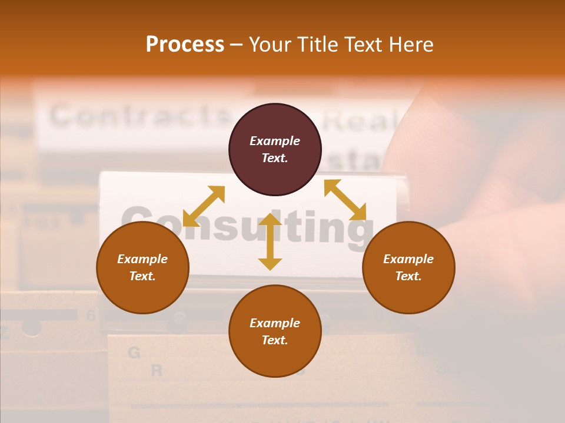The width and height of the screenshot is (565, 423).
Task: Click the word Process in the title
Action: (x=185, y=45)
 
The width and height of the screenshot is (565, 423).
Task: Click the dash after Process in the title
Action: (x=237, y=45)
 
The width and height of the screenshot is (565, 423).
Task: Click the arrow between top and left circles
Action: (x=204, y=206)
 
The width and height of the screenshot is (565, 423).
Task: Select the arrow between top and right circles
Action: (x=345, y=200)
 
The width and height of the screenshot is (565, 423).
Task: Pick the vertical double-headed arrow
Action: (x=270, y=241)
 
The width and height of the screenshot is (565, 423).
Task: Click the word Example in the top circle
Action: (x=275, y=141)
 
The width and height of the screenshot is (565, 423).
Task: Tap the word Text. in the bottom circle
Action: (x=275, y=340)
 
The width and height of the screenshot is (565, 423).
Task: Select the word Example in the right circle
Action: (x=408, y=259)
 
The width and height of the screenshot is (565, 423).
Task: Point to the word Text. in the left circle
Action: (x=142, y=276)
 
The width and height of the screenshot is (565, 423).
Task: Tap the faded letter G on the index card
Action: (x=134, y=352)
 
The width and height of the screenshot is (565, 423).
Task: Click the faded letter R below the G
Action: (x=157, y=371)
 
